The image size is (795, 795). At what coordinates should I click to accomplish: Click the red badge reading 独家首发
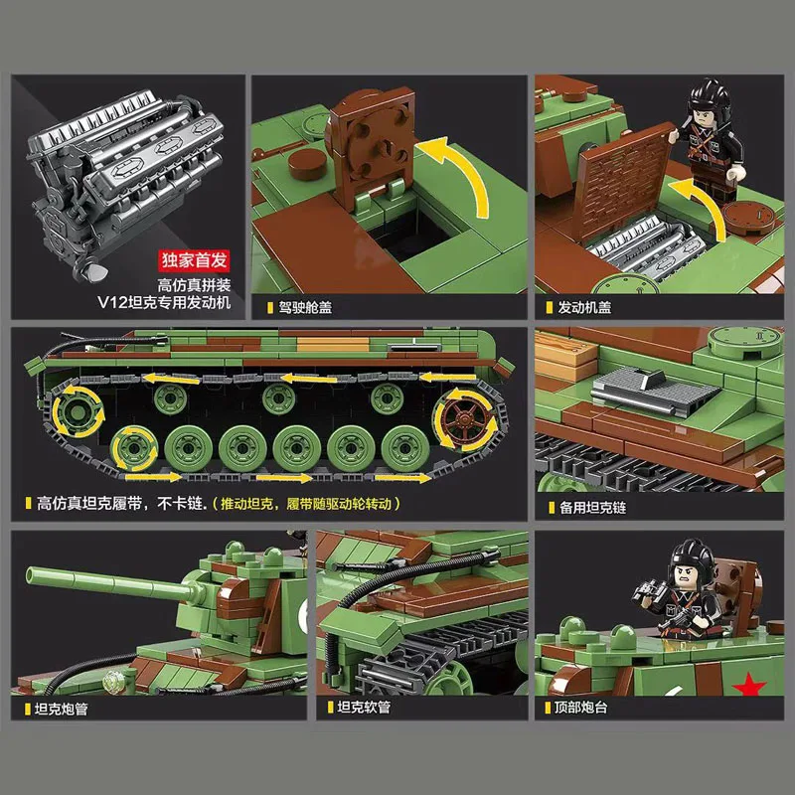pos(195,261)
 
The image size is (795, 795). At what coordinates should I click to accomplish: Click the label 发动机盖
pos(584,308)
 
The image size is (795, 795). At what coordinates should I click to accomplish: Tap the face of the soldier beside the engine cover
pos(701,128)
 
